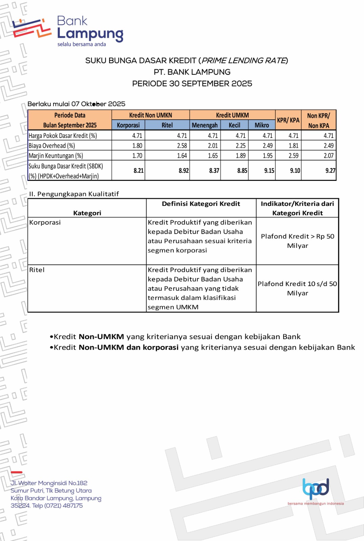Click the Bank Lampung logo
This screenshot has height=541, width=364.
[68, 31]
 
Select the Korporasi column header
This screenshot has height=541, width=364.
[128, 125]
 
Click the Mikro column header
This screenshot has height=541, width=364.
[261, 125]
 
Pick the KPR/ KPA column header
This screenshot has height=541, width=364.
[288, 120]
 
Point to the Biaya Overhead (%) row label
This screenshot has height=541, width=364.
[52, 146]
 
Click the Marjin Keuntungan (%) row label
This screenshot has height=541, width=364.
[56, 156]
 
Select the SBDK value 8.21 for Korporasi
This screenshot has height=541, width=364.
[138, 171]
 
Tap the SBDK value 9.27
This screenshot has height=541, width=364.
[330, 171]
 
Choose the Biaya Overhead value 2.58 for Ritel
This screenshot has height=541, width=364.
[182, 146]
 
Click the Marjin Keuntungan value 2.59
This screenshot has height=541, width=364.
[293, 156]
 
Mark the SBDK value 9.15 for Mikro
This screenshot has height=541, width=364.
[269, 171]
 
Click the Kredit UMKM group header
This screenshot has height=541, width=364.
[232, 115]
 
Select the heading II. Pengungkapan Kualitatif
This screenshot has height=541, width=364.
[74, 194]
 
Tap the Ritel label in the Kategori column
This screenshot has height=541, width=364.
[37, 270]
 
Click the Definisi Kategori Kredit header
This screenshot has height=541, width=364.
[201, 204]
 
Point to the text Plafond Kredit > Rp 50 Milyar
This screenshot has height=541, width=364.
[297, 241]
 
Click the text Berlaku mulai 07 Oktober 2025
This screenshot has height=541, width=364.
[76, 104]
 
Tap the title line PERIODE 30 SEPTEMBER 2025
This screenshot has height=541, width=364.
[192, 84]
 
